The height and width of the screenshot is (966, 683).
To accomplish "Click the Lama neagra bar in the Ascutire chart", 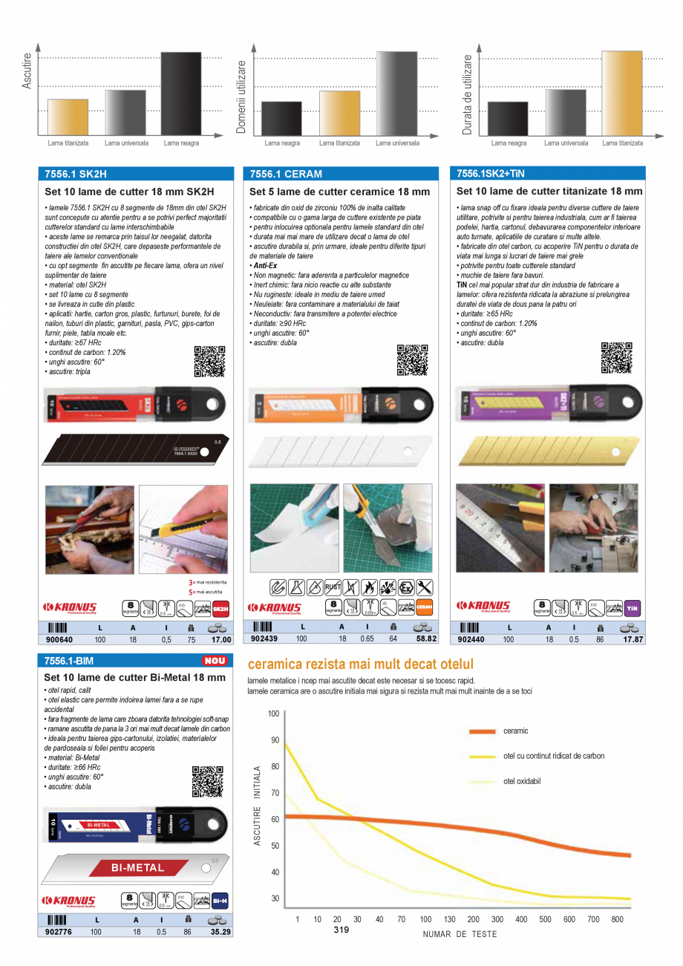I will point(181,94).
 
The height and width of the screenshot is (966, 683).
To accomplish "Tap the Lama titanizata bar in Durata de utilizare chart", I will point(622,94).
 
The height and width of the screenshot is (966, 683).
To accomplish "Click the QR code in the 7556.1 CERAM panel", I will point(412,360).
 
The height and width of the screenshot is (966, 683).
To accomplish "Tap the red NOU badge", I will point(214,660).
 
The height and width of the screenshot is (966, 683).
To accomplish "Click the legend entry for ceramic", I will point(515,731).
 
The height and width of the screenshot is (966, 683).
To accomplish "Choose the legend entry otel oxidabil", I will point(522,781).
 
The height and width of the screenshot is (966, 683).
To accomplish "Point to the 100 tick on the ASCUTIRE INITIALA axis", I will point(274,714).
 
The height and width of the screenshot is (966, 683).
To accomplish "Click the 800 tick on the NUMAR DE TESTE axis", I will point(618,919).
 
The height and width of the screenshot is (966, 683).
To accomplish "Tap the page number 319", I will point(341,930).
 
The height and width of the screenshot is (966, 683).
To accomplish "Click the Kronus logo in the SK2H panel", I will point(70,608).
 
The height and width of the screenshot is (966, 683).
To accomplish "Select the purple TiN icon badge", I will point(633,607).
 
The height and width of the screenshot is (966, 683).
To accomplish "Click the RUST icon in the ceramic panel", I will point(333,587).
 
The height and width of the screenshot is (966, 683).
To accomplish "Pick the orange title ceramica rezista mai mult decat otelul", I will point(360,665).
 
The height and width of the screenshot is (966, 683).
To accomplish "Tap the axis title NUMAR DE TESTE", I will point(460,934).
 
